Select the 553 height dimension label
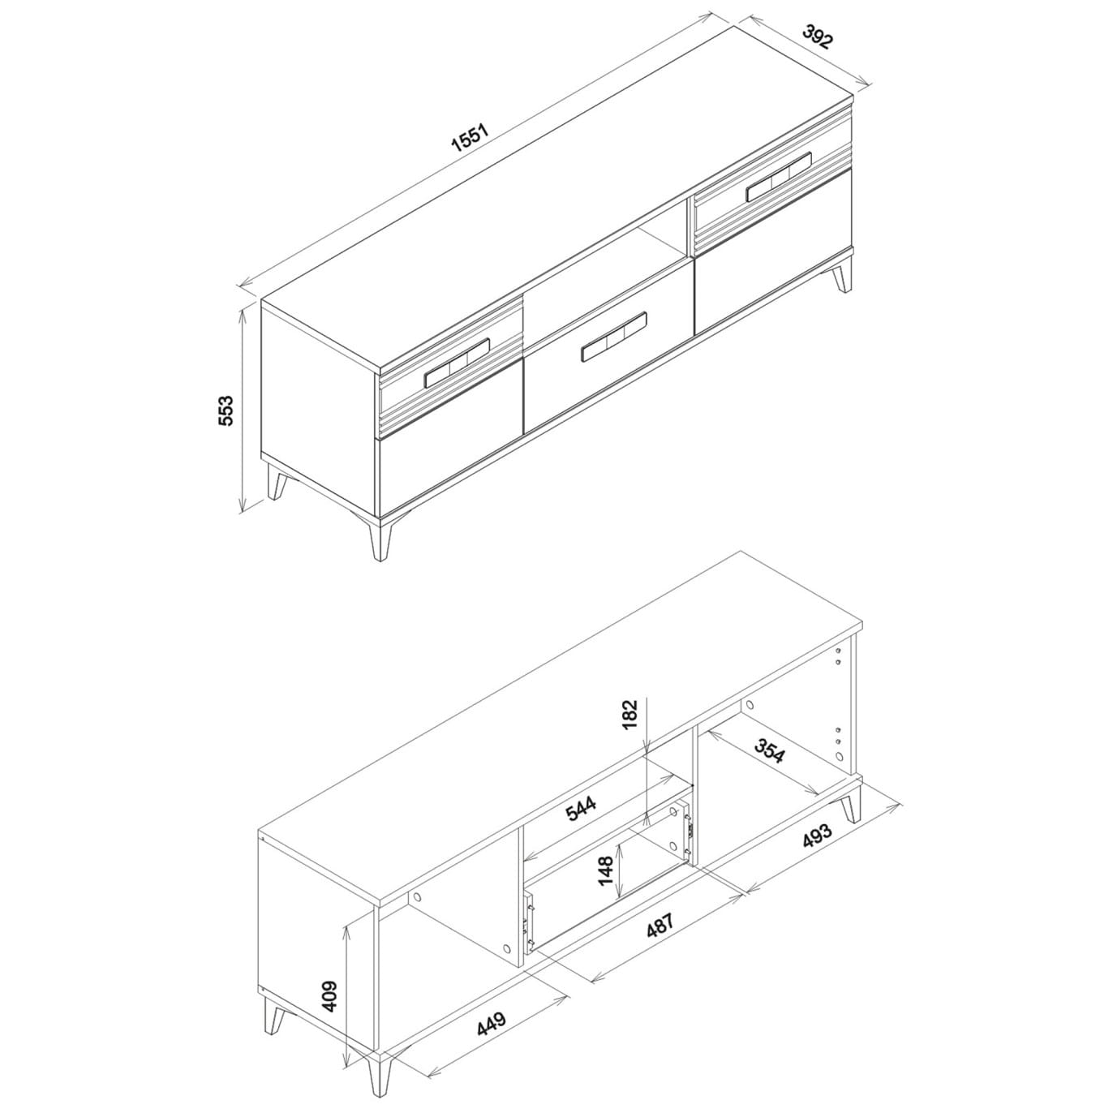[x=226, y=410]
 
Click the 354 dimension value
[x=770, y=748]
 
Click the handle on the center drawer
[x=614, y=336]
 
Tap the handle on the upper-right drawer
[x=779, y=177]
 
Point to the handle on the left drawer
[x=457, y=363]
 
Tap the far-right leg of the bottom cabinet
[x=851, y=800]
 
